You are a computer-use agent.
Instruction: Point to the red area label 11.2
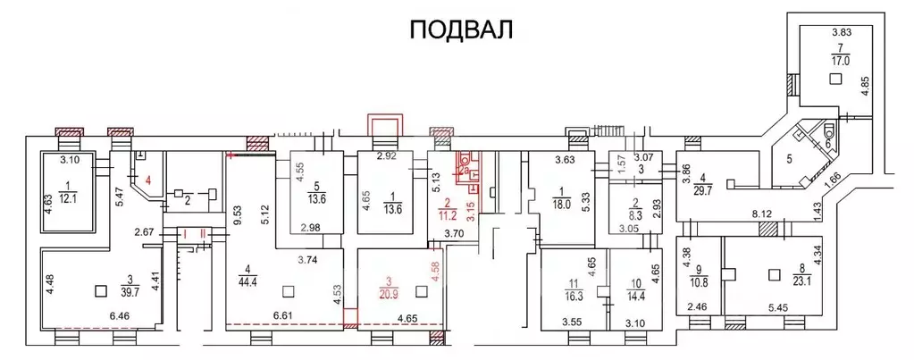click(448, 214)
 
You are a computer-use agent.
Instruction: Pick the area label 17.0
click(839, 62)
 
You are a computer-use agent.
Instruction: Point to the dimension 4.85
click(864, 86)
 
